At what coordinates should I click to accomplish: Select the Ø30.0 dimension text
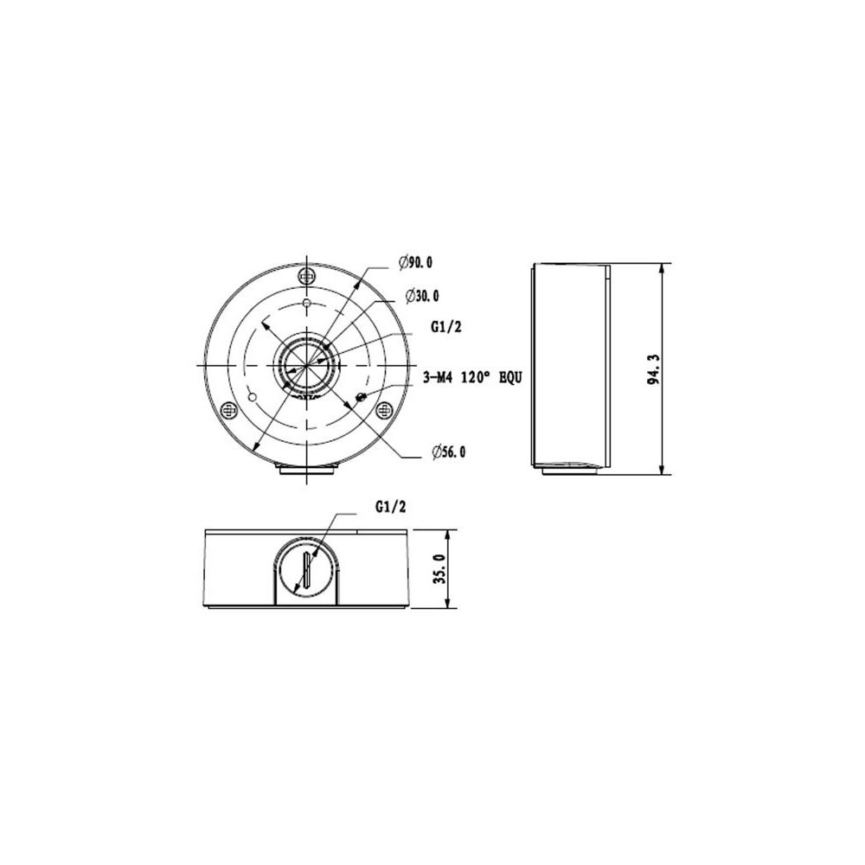click(x=422, y=296)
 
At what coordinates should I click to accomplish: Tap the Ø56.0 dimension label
click(x=448, y=452)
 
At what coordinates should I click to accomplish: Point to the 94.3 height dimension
click(x=654, y=369)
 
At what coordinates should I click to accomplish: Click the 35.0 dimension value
click(x=439, y=569)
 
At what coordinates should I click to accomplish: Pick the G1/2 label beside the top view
click(x=445, y=327)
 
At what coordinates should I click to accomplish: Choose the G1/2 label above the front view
click(x=390, y=506)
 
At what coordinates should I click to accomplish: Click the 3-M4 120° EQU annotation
click(x=471, y=377)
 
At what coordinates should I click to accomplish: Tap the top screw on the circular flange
click(x=306, y=275)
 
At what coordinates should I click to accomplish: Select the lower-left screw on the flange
click(x=228, y=410)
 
